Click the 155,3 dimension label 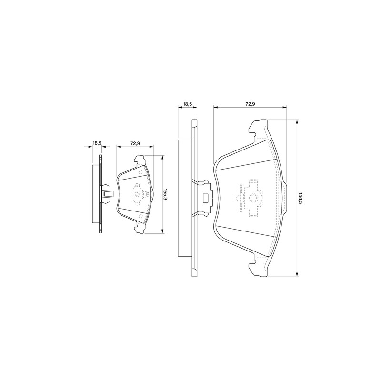165,194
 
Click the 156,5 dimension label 300,198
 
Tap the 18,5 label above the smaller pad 97,143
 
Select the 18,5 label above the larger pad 187,104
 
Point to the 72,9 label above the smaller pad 135,143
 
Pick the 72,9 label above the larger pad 250,104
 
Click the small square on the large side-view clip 206,198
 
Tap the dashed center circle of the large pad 253,198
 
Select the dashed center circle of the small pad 138,194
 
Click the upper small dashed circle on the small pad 140,172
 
